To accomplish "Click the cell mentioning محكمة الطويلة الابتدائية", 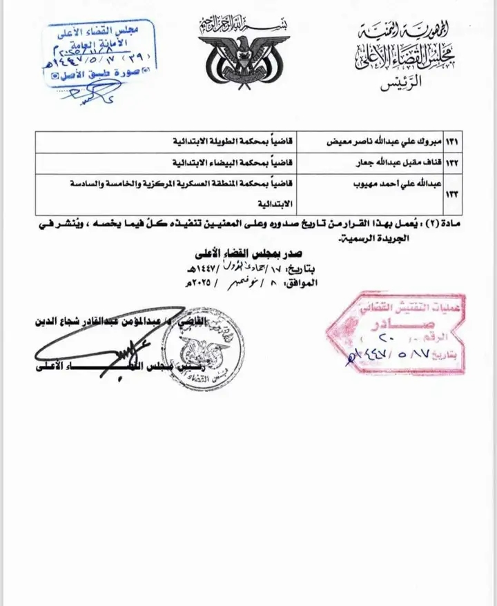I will [228, 141].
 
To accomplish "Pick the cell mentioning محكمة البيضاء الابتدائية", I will [228, 164].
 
